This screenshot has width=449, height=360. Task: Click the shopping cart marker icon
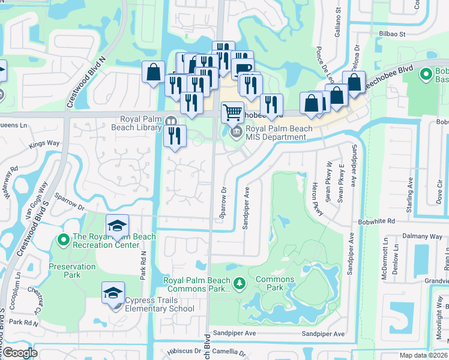pos(232,112)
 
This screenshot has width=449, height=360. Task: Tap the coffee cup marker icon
pos(242,69)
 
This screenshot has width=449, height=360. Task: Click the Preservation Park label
pos(72,271)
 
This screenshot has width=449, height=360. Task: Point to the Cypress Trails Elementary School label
pos(160,309)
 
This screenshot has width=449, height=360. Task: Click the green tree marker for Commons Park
pos(240,282)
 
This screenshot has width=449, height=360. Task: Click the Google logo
pos(20,353)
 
